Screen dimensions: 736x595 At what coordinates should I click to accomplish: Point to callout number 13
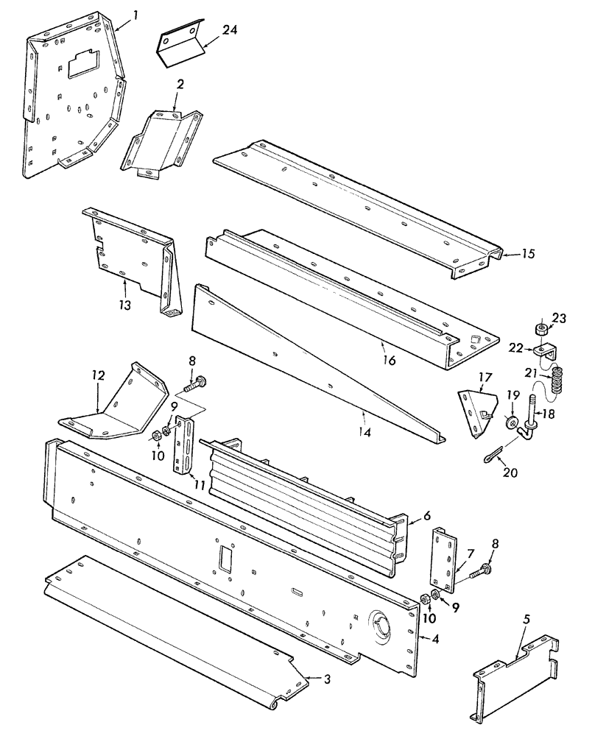(x=127, y=304)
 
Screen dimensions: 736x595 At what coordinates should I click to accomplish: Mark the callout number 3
(x=327, y=679)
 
